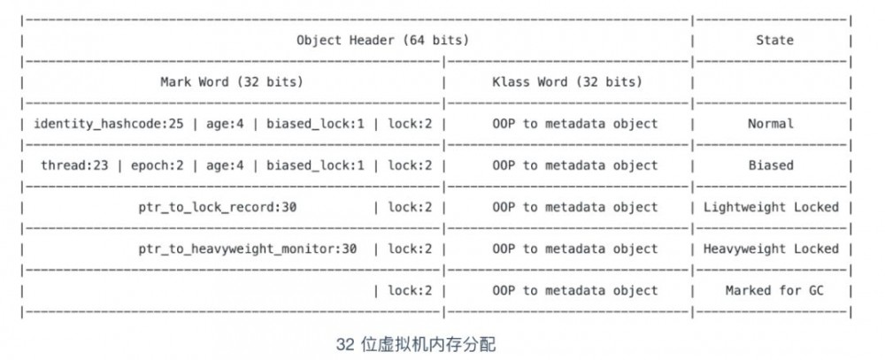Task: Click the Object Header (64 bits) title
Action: [x=382, y=40]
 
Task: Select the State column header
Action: [x=774, y=40]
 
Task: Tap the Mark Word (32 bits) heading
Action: [x=232, y=81]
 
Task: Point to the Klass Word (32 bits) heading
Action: [x=567, y=81]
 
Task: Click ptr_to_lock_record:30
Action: [x=208, y=207]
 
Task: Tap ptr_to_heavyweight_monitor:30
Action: [x=248, y=249]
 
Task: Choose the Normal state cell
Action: [x=771, y=123]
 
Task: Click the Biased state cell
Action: [x=771, y=165]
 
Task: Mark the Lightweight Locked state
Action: [x=771, y=207]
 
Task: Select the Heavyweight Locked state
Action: [x=771, y=249]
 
